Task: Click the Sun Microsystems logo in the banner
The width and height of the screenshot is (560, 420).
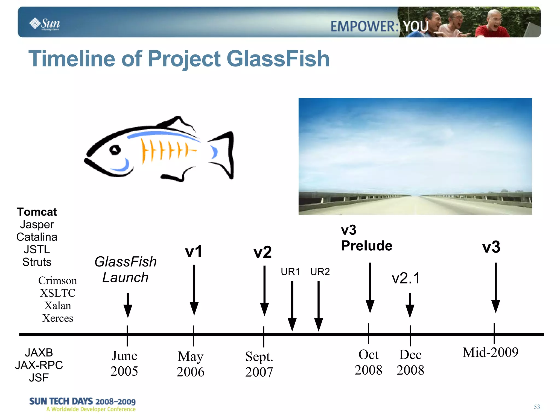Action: (x=45, y=24)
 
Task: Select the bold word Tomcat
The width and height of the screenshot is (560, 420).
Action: (x=37, y=212)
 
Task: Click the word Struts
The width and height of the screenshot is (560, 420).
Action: (x=37, y=262)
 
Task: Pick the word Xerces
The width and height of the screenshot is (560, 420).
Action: (x=58, y=318)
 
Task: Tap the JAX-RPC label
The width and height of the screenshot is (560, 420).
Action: (x=39, y=365)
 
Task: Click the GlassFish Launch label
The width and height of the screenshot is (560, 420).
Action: (x=126, y=270)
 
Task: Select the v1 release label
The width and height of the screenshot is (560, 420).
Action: (x=194, y=251)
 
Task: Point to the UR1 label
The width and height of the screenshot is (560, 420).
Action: (x=290, y=272)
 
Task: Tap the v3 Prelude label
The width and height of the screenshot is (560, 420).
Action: (x=366, y=238)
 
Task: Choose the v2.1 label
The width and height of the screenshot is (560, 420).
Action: (x=406, y=278)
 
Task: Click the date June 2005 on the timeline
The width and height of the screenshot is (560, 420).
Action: (x=124, y=363)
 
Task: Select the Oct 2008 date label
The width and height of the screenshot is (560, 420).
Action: (x=368, y=362)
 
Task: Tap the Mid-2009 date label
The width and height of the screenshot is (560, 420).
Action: (x=490, y=352)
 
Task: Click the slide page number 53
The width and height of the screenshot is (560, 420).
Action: (x=537, y=407)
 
